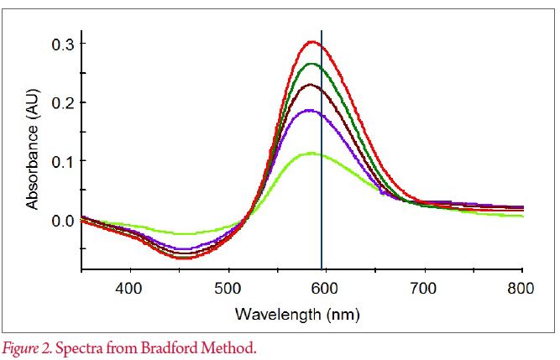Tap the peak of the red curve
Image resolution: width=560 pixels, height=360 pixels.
(312, 41)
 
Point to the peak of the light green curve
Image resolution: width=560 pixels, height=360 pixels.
(311, 153)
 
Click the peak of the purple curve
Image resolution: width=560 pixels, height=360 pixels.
(311, 110)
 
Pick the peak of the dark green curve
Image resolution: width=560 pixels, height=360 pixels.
(312, 63)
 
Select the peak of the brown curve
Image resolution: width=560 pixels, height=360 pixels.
(311, 84)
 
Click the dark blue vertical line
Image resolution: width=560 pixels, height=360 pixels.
(322, 168)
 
